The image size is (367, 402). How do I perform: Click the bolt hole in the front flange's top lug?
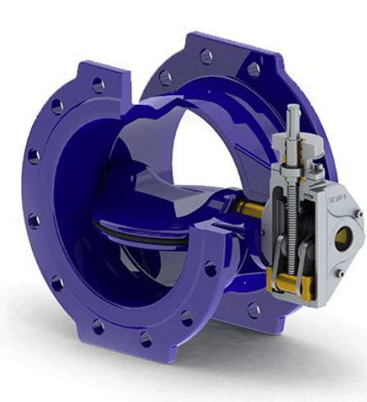coord(98,83)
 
